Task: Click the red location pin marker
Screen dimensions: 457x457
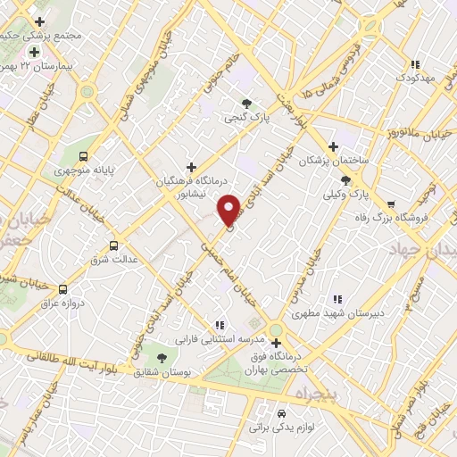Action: [x=229, y=210]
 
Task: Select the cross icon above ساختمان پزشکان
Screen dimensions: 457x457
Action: [x=333, y=146]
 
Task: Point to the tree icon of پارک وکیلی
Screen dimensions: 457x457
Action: [x=345, y=180]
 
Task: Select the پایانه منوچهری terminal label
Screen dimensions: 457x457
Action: [x=79, y=169]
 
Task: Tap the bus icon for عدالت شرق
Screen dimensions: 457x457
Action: [x=113, y=245]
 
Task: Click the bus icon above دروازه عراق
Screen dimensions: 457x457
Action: [x=62, y=289]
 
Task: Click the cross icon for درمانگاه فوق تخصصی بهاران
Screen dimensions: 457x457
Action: [x=276, y=343]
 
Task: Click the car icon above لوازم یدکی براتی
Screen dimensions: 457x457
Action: [x=282, y=414]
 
